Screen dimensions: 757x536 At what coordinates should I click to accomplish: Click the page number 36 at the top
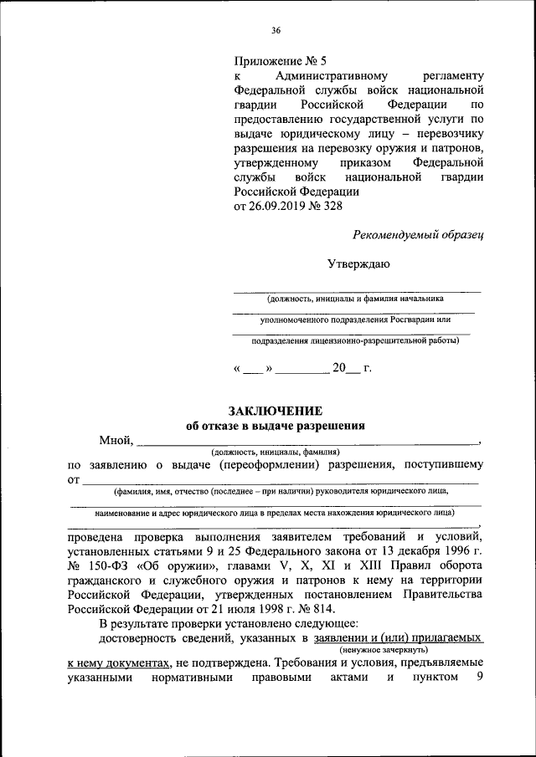pyautogui.click(x=276, y=31)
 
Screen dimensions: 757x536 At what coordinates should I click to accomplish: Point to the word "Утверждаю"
pyautogui.click(x=358, y=264)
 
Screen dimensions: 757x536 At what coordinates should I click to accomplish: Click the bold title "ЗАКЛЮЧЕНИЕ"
pyautogui.click(x=276, y=410)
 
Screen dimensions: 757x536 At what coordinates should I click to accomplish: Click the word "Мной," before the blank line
pyautogui.click(x=116, y=440)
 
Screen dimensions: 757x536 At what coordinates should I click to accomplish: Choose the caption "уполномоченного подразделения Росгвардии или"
pyautogui.click(x=355, y=319)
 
